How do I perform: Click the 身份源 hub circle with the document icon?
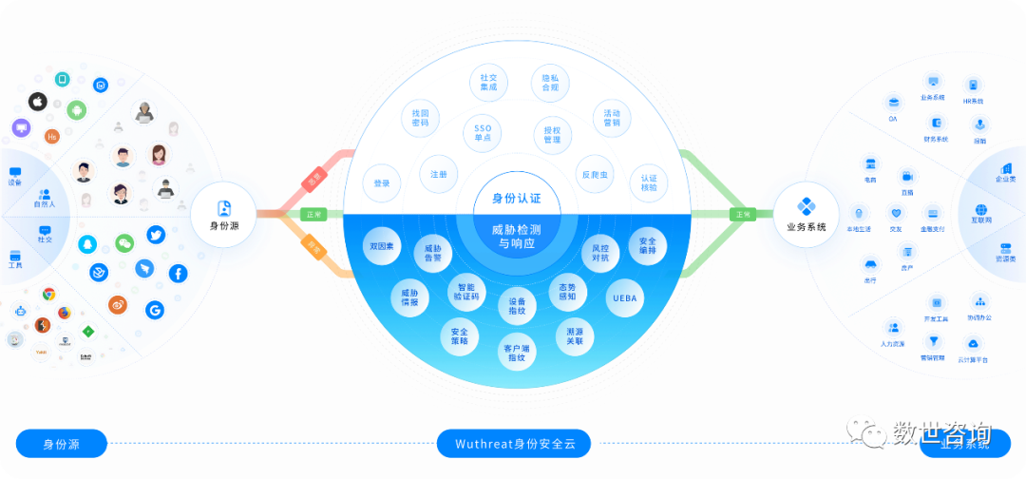point(224,214)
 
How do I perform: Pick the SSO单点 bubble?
point(483,133)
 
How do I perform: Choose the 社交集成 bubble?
point(489,83)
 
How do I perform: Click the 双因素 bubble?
point(382,246)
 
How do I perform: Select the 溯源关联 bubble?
point(574,335)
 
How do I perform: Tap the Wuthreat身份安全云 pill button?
point(513,443)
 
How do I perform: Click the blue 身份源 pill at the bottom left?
point(62,443)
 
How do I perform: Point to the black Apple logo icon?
point(38,101)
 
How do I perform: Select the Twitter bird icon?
point(156,234)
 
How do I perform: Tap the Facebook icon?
point(177,274)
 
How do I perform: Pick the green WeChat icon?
point(124,244)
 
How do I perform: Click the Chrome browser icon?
point(48,295)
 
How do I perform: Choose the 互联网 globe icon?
point(980,210)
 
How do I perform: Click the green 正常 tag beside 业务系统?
point(743,214)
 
